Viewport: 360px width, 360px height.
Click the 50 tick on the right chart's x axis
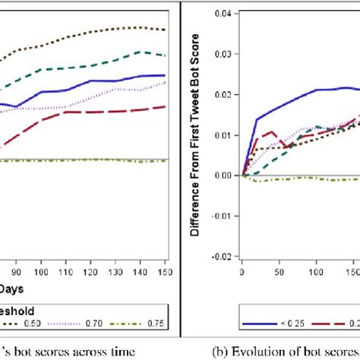point(280,269)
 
